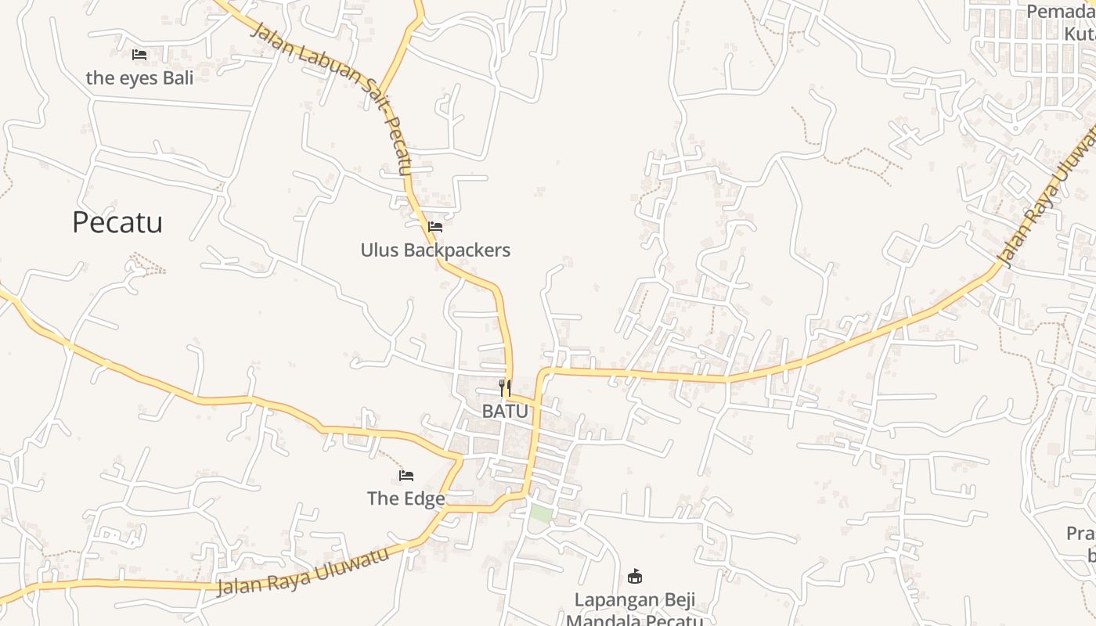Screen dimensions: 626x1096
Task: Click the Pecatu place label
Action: coord(117,222)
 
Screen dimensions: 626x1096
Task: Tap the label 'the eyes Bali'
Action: coord(139,77)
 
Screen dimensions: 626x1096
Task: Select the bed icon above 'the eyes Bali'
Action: coord(139,55)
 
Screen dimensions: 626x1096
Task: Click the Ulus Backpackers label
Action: coord(435,250)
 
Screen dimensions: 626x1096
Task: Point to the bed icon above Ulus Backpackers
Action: coord(435,227)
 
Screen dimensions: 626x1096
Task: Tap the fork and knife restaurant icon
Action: coord(505,387)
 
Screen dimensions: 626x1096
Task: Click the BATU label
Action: coord(505,411)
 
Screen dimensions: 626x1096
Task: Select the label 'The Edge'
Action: coord(406,498)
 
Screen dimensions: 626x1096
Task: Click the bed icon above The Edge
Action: coord(406,476)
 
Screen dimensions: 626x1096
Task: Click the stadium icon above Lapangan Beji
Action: coord(635,577)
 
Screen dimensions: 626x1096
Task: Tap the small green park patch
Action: coord(541,513)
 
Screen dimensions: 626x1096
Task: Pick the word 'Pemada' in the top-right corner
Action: coord(1061,12)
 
